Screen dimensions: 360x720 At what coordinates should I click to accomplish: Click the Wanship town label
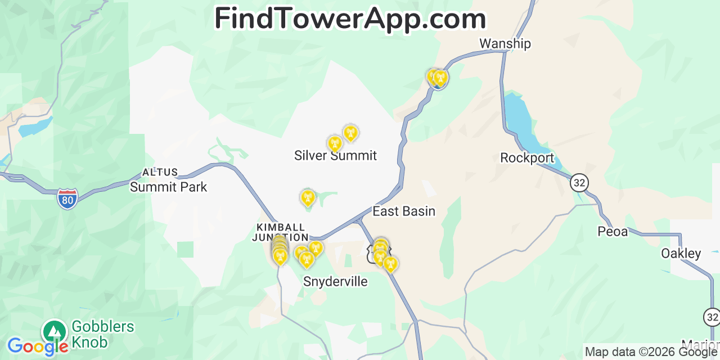[505, 44]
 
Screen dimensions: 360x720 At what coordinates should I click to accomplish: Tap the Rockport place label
[527, 158]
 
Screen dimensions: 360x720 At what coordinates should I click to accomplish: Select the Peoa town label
[613, 231]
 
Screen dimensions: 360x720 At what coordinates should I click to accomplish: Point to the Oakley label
[681, 254]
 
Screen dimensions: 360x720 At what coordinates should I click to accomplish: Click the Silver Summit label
[335, 156]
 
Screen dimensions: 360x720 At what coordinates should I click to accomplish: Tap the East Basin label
[404, 211]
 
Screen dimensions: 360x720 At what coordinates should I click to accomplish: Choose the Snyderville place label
[335, 281]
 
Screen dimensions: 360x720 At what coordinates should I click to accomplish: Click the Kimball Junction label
[282, 232]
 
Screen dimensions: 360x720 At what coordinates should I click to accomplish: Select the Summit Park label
[168, 187]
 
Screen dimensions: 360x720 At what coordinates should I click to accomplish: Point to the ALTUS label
[160, 173]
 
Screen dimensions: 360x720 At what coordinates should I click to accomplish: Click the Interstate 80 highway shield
[67, 199]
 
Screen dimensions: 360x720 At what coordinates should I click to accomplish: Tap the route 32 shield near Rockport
[579, 182]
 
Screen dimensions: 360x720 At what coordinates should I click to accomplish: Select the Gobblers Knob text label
[103, 334]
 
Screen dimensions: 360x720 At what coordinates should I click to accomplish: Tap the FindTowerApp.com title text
[350, 19]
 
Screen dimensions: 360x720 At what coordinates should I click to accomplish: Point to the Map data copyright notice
[651, 352]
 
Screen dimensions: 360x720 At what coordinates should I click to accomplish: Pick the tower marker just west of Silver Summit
[335, 143]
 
